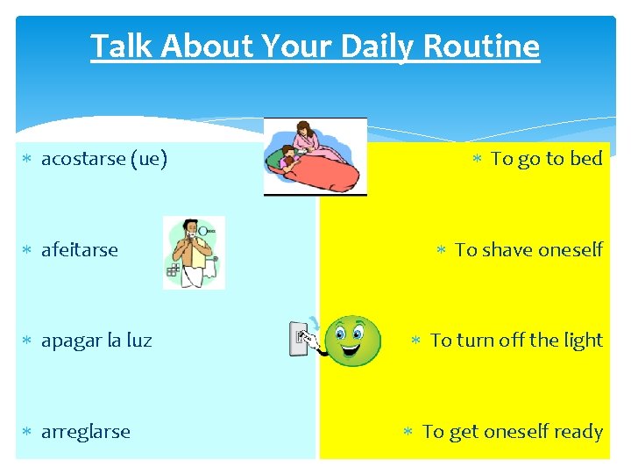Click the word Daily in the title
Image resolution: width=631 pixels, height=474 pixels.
[370, 46]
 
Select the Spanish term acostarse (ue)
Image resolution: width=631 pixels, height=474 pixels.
[104, 159]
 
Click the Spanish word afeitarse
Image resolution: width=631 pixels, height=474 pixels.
[80, 250]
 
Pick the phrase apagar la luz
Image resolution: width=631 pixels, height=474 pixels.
[96, 341]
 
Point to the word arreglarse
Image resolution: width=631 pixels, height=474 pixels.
[86, 432]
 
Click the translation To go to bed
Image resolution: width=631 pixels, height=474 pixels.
[547, 159]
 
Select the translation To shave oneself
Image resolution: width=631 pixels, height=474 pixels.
[528, 250]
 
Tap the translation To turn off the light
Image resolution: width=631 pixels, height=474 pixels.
[516, 341]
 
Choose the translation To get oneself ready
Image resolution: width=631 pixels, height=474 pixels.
[512, 432]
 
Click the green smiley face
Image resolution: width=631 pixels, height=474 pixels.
[352, 341]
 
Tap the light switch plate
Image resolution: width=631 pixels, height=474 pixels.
[299, 339]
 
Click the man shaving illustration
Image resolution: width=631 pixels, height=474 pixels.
[194, 253]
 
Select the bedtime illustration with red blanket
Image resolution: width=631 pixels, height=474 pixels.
[315, 157]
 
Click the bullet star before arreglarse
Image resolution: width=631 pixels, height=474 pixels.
[28, 432]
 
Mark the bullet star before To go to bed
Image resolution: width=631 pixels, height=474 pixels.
[478, 159]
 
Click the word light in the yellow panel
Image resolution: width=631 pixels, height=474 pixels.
[582, 341]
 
